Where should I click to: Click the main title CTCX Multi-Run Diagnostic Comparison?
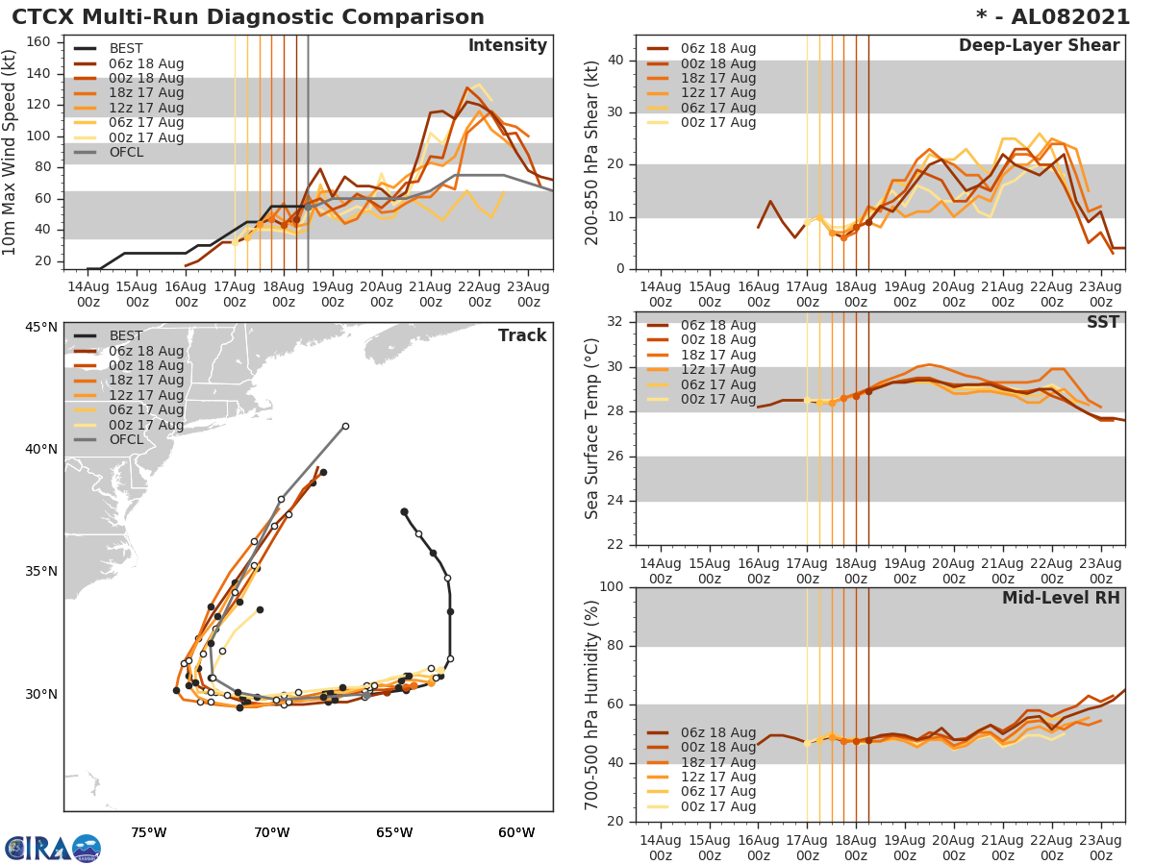click(x=248, y=17)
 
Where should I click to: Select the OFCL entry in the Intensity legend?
click(x=125, y=153)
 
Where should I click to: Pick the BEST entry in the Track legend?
click(x=126, y=335)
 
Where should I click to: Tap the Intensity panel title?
click(x=507, y=46)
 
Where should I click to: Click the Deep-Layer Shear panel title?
click(x=1039, y=46)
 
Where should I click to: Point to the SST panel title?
click(x=1103, y=322)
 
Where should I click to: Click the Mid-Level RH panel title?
click(x=1061, y=598)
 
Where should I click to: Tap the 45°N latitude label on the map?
click(x=41, y=327)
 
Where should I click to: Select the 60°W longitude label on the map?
click(x=516, y=832)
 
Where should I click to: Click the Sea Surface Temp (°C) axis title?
click(x=592, y=429)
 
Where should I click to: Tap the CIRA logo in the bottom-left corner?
click(x=52, y=849)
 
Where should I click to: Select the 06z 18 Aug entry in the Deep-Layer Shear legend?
click(x=716, y=49)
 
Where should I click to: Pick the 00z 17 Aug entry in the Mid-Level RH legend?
click(x=716, y=806)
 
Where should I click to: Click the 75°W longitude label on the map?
click(x=149, y=832)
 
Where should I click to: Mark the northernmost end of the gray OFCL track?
click(x=345, y=426)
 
